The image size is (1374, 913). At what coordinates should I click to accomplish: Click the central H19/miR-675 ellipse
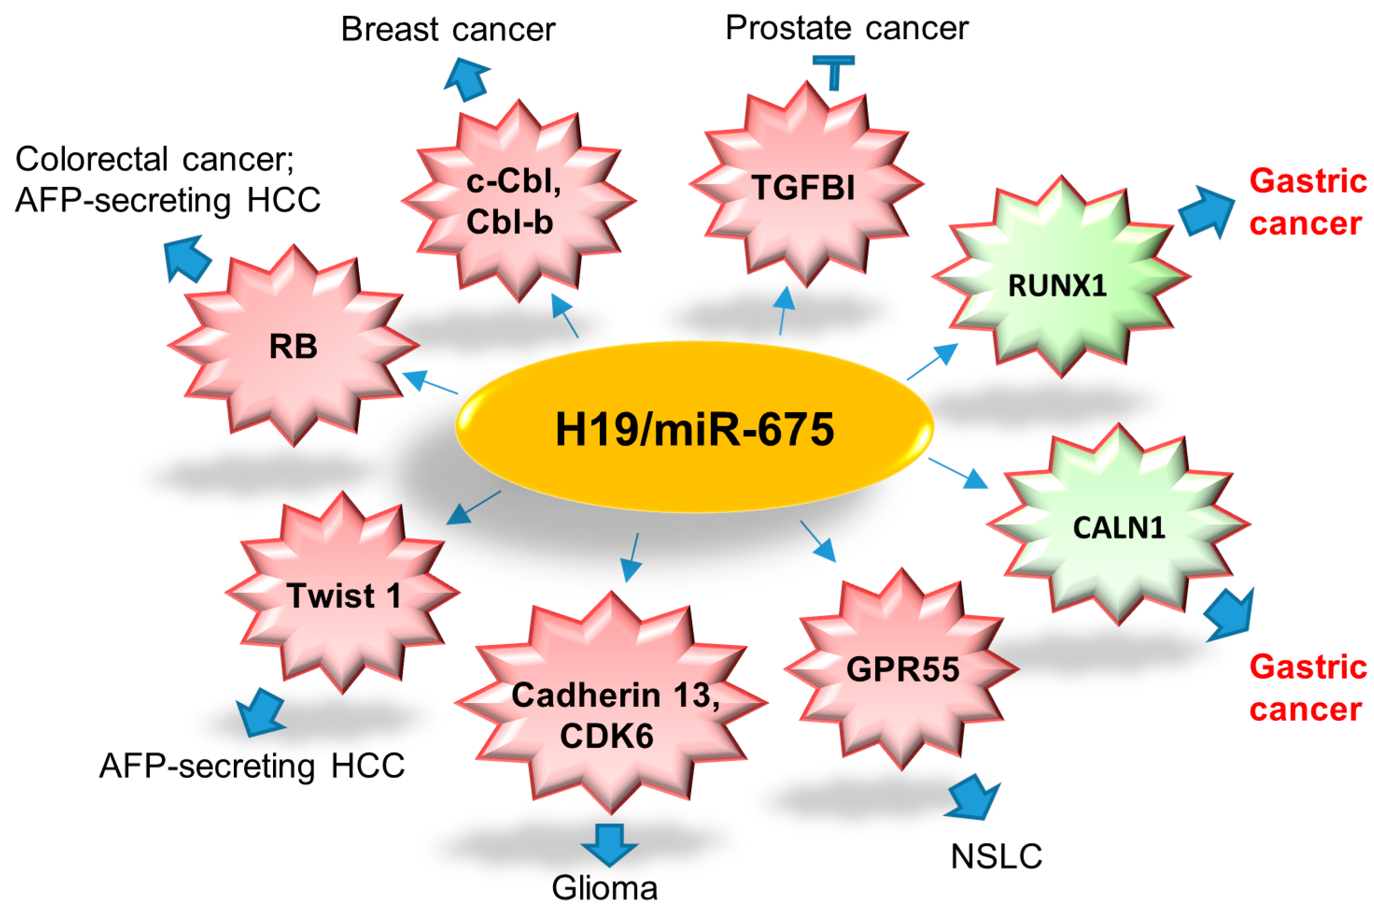[694, 428]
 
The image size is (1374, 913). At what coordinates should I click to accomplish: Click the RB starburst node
[294, 346]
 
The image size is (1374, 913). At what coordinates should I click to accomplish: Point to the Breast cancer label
[448, 29]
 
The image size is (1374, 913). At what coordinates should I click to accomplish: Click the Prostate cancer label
[847, 28]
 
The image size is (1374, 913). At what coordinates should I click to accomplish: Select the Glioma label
[604, 887]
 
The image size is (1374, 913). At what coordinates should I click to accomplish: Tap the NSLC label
[996, 856]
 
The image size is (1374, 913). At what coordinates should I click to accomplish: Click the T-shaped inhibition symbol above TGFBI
[834, 71]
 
